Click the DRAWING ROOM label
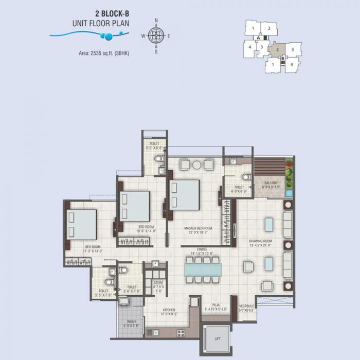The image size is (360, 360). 260,241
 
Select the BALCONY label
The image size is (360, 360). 271,183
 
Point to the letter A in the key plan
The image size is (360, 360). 258,38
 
